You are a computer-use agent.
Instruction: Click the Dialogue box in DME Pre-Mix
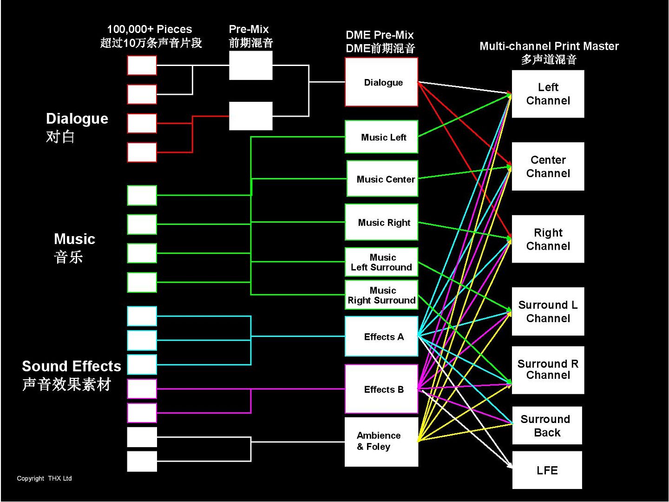point(381,82)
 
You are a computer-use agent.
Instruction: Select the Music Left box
point(381,137)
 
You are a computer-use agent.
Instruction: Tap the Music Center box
point(382,179)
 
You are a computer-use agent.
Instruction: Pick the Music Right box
point(381,222)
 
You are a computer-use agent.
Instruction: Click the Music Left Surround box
point(381,262)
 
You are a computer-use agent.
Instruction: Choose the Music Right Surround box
point(381,295)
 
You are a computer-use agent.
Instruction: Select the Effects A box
point(381,337)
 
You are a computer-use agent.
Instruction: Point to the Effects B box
point(381,389)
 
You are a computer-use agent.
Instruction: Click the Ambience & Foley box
point(381,442)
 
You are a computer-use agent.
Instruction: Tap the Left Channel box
point(548,94)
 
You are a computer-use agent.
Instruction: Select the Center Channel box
point(548,166)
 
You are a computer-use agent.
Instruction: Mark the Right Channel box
point(548,239)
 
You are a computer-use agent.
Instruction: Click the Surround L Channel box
point(548,311)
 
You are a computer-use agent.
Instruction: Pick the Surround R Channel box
point(548,370)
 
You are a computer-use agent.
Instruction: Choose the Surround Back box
point(547,426)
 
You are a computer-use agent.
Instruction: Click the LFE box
point(547,470)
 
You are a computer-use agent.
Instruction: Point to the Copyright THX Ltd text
point(44,478)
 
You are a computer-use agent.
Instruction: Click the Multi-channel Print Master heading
point(549,46)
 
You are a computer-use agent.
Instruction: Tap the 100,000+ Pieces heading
point(149,29)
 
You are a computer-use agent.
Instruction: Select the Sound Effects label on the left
point(71,366)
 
